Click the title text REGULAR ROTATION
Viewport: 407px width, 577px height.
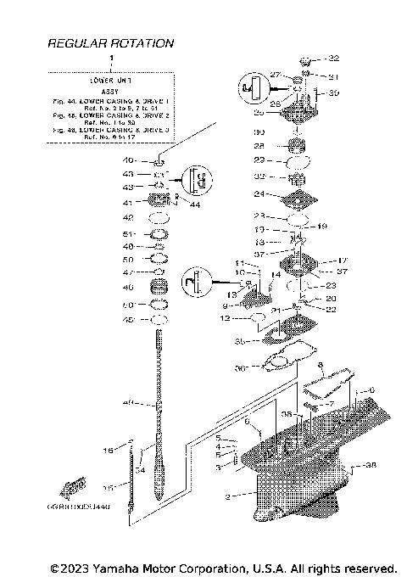pyautogui.click(x=111, y=42)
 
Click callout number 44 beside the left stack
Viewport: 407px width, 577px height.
pyautogui.click(x=195, y=204)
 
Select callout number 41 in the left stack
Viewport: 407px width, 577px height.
pyautogui.click(x=128, y=203)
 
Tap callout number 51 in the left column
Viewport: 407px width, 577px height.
pyautogui.click(x=129, y=233)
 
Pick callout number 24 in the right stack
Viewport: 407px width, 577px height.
pyautogui.click(x=260, y=193)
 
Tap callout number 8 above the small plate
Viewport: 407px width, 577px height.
pyautogui.click(x=321, y=365)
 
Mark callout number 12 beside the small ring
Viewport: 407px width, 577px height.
pyautogui.click(x=225, y=318)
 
